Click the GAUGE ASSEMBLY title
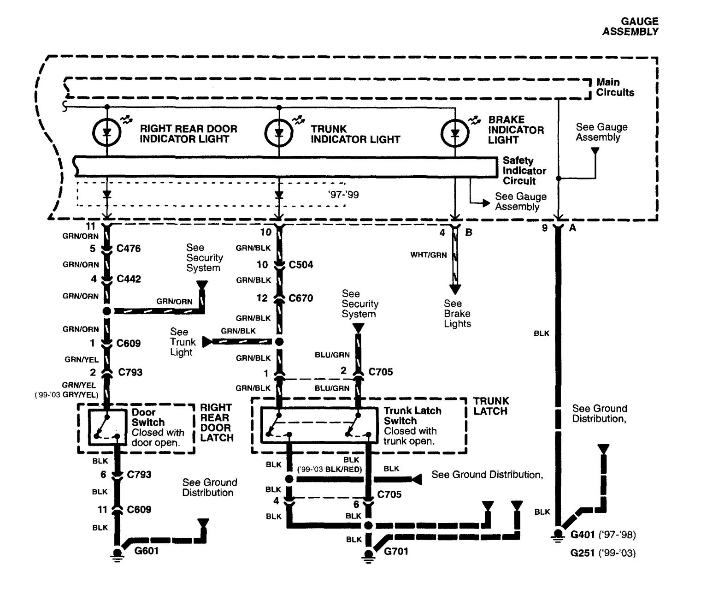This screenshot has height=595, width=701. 630,26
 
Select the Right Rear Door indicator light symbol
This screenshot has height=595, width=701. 106,132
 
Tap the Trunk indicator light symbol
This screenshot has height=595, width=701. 279,133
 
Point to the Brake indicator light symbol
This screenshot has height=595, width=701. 455,133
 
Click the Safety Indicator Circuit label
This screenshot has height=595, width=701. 524,171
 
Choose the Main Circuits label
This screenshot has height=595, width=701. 615,87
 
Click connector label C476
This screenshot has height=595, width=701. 128,249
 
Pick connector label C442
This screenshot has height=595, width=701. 129,279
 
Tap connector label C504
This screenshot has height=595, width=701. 301,264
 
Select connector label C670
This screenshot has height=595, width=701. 300,298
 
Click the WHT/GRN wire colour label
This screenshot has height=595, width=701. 428,255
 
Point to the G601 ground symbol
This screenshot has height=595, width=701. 117,553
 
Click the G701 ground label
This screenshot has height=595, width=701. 396,551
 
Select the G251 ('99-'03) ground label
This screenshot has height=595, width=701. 603,553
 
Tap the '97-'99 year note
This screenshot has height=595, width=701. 343,195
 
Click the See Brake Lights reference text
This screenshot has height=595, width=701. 457,313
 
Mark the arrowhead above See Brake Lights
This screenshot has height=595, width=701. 455,289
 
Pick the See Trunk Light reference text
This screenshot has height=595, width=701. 183,342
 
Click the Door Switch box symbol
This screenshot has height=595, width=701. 107,427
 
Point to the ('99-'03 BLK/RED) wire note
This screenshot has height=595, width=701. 330,470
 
